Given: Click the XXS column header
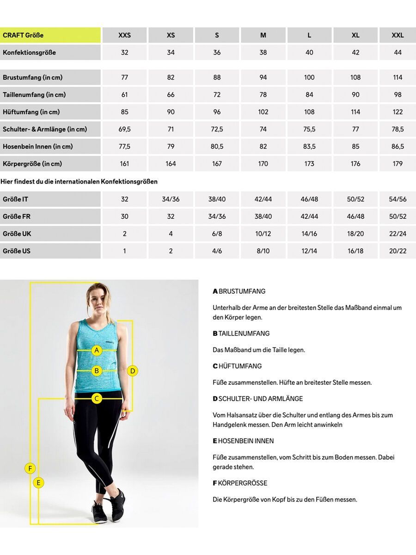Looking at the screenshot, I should coord(124,35).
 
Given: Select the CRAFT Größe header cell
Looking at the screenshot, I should coord(50,35).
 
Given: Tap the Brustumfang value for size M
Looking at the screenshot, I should coord(263,77).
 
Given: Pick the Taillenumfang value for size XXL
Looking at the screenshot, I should coord(398,95).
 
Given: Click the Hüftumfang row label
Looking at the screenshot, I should coord(50,112).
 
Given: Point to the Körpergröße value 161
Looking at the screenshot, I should coord(124,164).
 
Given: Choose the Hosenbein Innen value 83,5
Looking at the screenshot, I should coord(309,147).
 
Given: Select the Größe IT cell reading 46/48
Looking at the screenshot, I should coord(309,199).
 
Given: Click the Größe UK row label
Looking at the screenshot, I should coord(50,234).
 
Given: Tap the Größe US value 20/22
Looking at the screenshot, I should coord(398,251).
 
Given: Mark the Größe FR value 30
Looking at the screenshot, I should coord(124,216).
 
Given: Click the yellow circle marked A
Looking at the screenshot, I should coord(97,350).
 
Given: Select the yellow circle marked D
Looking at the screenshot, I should coord(133,370).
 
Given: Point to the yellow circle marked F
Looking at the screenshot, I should coord(30,469).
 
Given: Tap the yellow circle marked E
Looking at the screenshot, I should coord(39,483).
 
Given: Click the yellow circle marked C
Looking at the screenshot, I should coord(97,398).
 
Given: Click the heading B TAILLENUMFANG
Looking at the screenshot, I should coord(241,333).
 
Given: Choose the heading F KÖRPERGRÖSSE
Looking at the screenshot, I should coord(240,483).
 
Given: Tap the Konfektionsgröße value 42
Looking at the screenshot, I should coord(355,53).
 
